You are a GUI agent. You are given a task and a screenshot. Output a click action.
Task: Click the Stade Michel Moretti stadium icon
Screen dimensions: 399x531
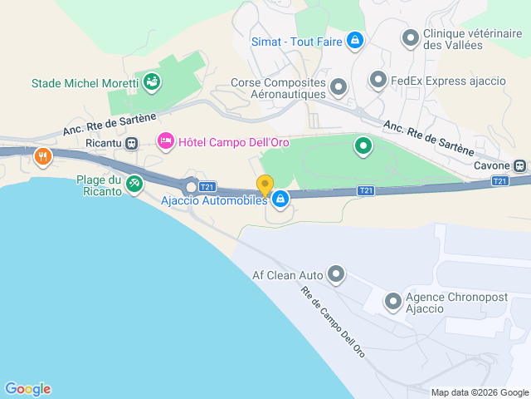pyautogui.click(x=152, y=81)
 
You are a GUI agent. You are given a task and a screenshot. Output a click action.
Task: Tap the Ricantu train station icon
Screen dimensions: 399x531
pyautogui.click(x=131, y=143)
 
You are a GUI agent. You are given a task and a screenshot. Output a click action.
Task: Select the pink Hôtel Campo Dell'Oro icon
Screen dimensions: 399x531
pyautogui.click(x=165, y=142)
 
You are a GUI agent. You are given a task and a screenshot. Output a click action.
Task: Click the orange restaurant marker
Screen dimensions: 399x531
pyautogui.click(x=41, y=155)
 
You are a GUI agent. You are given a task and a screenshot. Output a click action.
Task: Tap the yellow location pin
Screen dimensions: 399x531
pyautogui.click(x=265, y=185)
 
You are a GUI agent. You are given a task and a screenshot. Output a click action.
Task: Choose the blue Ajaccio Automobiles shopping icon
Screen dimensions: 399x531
pyautogui.click(x=280, y=199)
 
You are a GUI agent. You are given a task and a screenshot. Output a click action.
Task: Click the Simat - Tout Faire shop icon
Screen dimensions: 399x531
pyautogui.click(x=355, y=40)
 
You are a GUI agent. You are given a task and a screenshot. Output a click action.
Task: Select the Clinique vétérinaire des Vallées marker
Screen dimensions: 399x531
pyautogui.click(x=410, y=37)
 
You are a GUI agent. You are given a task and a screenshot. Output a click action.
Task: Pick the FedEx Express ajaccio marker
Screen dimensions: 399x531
pyautogui.click(x=378, y=80)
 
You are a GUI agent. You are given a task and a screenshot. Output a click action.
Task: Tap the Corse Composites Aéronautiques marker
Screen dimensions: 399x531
pyautogui.click(x=338, y=86)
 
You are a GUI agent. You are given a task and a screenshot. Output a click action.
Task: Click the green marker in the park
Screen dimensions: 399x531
pyautogui.click(x=363, y=147)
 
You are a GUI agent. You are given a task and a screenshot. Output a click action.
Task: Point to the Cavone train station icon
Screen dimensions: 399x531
pyautogui.click(x=519, y=165)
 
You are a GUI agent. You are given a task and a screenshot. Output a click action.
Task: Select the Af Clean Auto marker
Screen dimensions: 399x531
pyautogui.click(x=336, y=273)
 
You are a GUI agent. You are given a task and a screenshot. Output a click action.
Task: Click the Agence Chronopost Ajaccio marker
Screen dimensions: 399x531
pyautogui.click(x=392, y=302)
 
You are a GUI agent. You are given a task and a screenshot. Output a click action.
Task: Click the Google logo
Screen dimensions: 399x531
pyautogui.click(x=27, y=389)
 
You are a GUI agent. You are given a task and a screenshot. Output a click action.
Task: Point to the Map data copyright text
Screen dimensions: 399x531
pyautogui.click(x=479, y=392)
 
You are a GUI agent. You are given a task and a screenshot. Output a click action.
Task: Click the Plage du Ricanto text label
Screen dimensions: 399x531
pyautogui.click(x=99, y=185)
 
